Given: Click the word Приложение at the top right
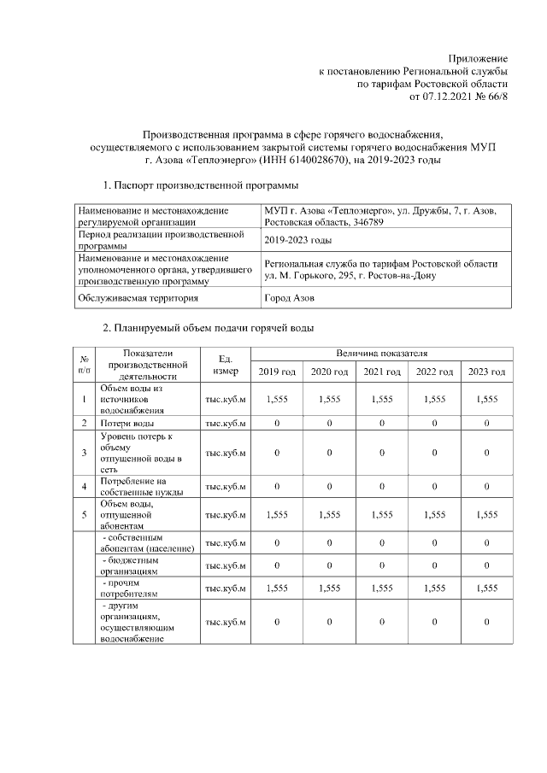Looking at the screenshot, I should click(x=479, y=57).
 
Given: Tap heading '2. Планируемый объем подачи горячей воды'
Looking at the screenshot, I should click(x=208, y=328).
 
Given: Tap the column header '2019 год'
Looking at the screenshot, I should click(x=277, y=372).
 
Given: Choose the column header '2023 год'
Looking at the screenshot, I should click(x=486, y=372).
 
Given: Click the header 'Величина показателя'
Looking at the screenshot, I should click(x=381, y=353).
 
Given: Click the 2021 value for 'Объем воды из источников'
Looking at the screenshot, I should click(x=381, y=399).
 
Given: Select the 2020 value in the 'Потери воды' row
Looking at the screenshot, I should click(x=329, y=423).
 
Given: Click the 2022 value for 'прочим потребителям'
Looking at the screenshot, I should click(x=434, y=589).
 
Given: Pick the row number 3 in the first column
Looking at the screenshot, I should click(x=84, y=453).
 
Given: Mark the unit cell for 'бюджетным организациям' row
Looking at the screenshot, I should click(x=225, y=565).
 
